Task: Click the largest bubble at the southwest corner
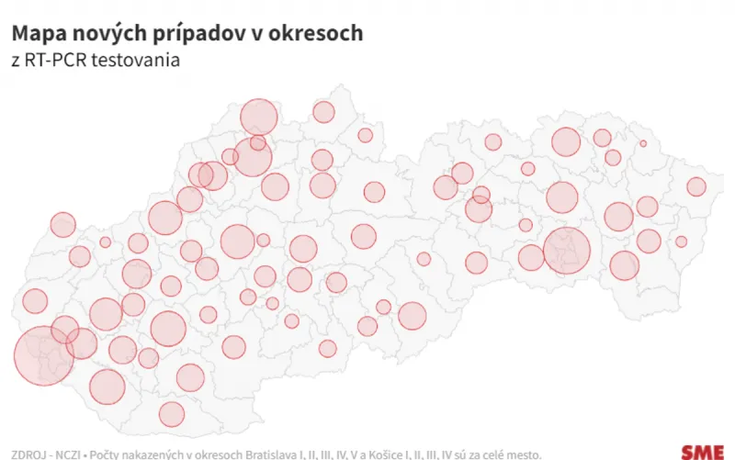click(x=43, y=354)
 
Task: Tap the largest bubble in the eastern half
click(x=566, y=250)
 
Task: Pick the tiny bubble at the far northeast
click(x=643, y=143)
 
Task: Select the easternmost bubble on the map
click(x=695, y=186)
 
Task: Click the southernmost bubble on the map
click(x=172, y=414)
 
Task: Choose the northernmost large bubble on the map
click(x=259, y=117)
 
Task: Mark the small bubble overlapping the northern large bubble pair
click(x=258, y=143)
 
